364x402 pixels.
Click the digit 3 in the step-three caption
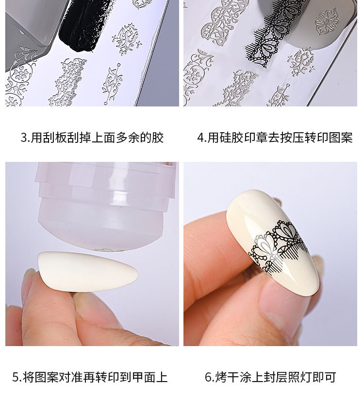pos(24,138)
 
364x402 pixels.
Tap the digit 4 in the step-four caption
pos(200,138)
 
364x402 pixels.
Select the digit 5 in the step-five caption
pos(16,377)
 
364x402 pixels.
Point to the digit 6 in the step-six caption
pos(208,377)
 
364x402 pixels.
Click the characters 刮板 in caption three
pos(55,138)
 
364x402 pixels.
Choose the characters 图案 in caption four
pos(341,138)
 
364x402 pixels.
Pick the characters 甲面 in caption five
pos(144,377)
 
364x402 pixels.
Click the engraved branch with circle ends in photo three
pos(113,84)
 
